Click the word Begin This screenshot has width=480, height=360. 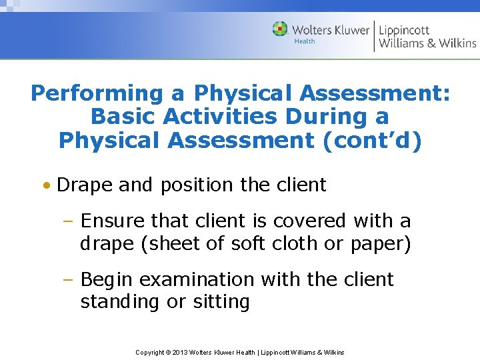click(x=107, y=279)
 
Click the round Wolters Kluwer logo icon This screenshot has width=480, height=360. click(x=280, y=29)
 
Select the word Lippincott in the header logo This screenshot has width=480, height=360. click(x=404, y=31)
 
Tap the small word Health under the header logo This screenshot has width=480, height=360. click(x=305, y=41)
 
